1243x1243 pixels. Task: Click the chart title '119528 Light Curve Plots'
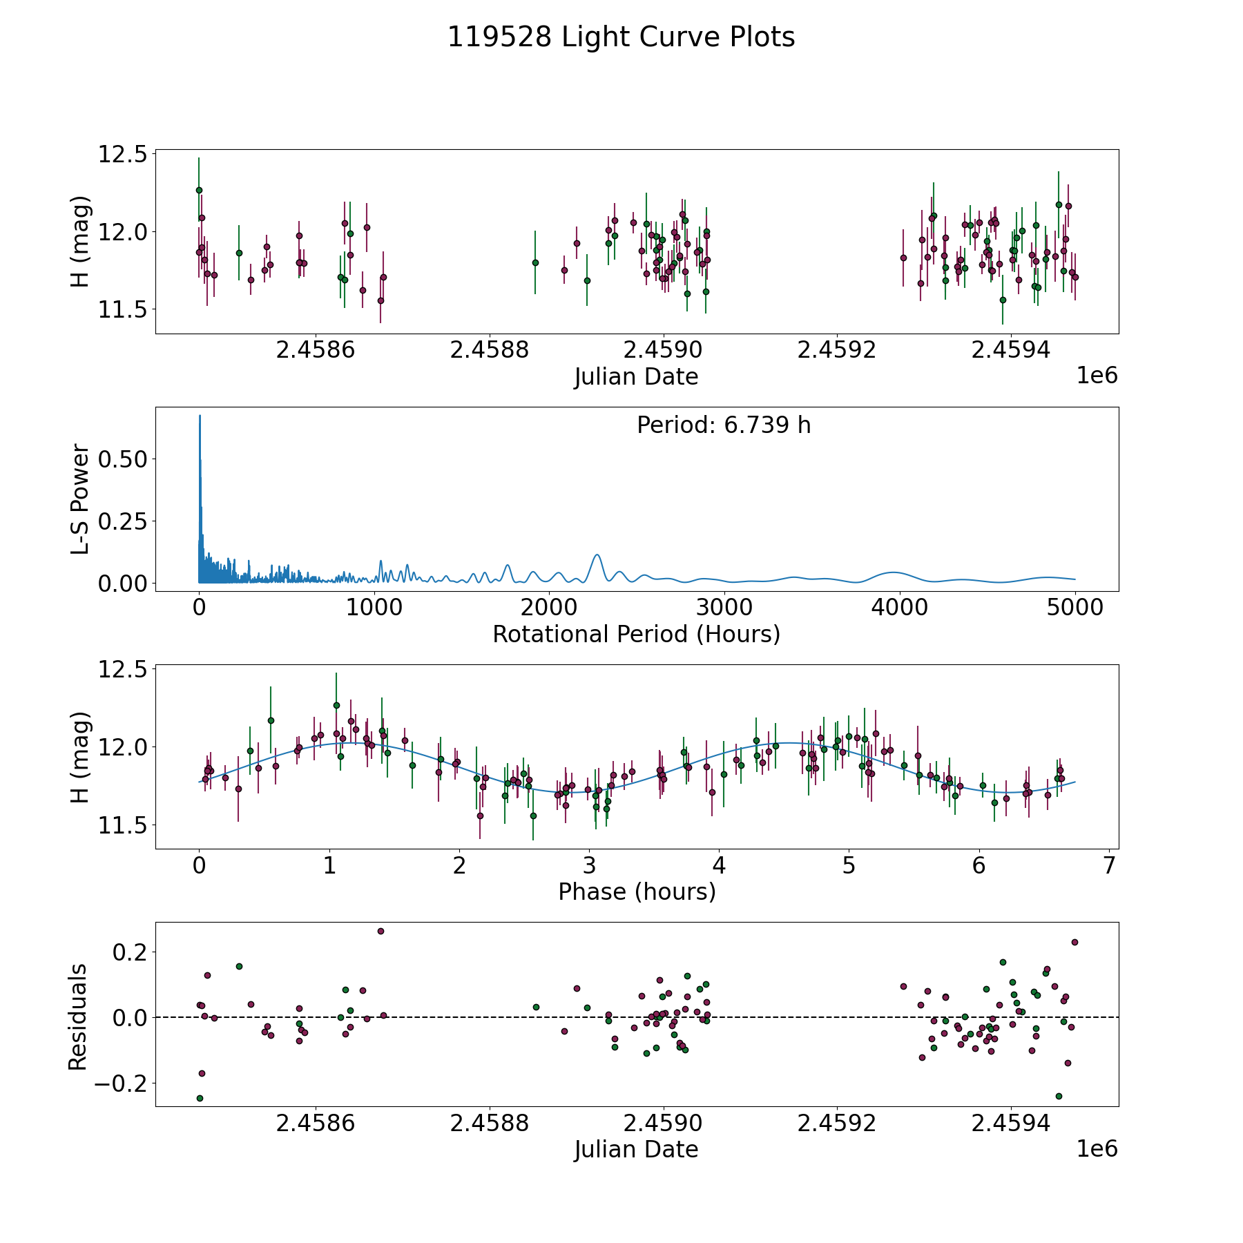pyautogui.click(x=621, y=37)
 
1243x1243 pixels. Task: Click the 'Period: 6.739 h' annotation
pyautogui.click(x=724, y=425)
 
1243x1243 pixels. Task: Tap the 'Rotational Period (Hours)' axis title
pyautogui.click(x=636, y=634)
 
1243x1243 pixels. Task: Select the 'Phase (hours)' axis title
pyautogui.click(x=637, y=892)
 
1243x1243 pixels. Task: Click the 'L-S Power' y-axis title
pyautogui.click(x=80, y=499)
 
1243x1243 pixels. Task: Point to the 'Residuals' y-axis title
pyautogui.click(x=78, y=1017)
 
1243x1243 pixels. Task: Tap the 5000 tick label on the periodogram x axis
pyautogui.click(x=1075, y=608)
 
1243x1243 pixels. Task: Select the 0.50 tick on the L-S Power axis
pyautogui.click(x=123, y=459)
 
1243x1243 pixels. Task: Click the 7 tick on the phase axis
pyautogui.click(x=1109, y=866)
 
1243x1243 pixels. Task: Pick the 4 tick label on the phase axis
pyautogui.click(x=720, y=866)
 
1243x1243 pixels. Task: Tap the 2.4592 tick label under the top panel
pyautogui.click(x=836, y=350)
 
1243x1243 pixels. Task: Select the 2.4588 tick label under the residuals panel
pyautogui.click(x=489, y=1124)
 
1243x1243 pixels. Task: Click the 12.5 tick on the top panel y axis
pyautogui.click(x=123, y=154)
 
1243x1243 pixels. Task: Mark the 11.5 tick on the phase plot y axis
pyautogui.click(x=123, y=825)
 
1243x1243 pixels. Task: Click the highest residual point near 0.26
pyautogui.click(x=380, y=931)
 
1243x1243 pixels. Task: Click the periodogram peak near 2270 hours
pyautogui.click(x=597, y=555)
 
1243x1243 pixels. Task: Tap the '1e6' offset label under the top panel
pyautogui.click(x=1097, y=376)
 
